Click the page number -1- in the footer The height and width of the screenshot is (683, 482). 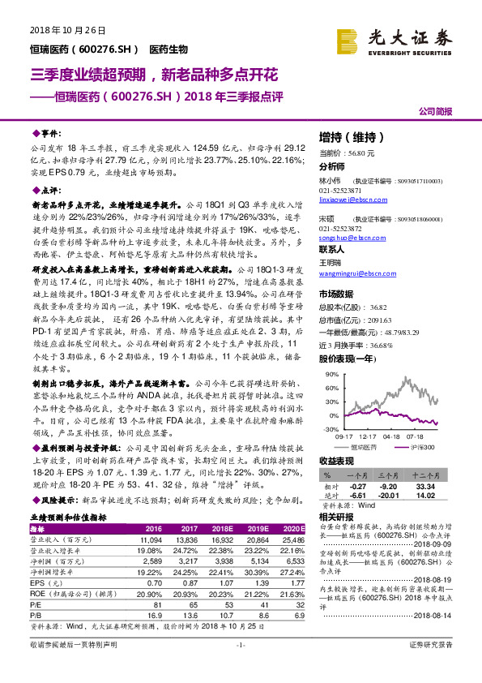click(240, 667)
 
